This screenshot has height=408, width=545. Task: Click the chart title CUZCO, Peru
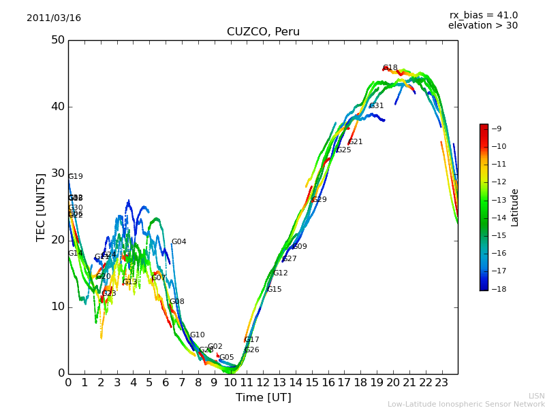click(263, 32)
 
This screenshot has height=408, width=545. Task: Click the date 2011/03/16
click(54, 18)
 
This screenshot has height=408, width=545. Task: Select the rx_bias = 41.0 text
click(483, 15)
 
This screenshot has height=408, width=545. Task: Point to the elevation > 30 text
click(482, 26)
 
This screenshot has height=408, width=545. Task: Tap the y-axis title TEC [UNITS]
click(41, 207)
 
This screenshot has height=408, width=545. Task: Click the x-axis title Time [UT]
click(263, 397)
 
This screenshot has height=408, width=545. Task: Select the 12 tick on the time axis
click(263, 383)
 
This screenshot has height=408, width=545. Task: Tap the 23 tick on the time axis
click(441, 383)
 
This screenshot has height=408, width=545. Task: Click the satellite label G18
click(390, 68)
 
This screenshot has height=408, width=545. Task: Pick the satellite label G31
click(377, 106)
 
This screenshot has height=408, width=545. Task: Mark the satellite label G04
click(178, 242)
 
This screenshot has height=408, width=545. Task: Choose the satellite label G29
click(320, 200)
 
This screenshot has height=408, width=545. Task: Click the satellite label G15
click(274, 290)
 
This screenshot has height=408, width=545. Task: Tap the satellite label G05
click(226, 358)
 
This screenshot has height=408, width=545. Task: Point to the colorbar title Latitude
click(515, 207)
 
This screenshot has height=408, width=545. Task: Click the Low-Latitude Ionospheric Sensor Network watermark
click(466, 404)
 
